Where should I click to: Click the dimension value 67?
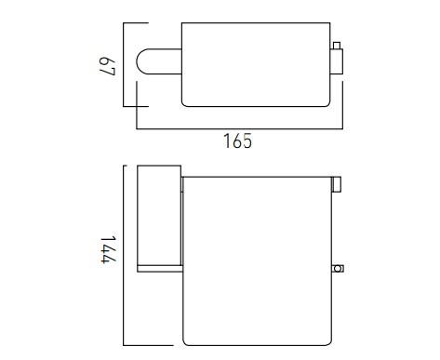(108, 66)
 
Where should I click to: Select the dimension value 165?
(237, 141)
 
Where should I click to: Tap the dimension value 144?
(108, 248)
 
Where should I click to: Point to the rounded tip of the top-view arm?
(137, 61)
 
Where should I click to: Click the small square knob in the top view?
(337, 46)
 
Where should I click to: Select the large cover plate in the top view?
(256, 64)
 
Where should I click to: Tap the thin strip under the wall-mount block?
(159, 269)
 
